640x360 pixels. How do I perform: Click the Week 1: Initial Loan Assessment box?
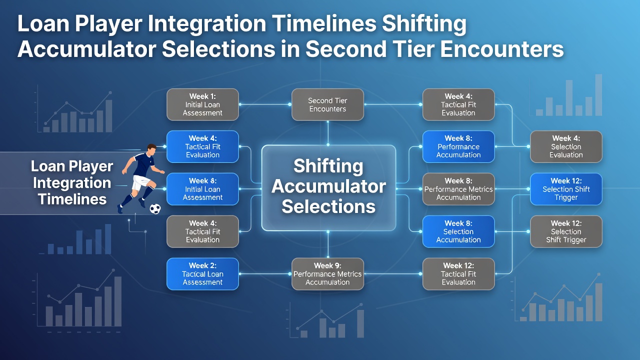pyautogui.click(x=202, y=104)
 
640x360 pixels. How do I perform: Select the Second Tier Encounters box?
pyautogui.click(x=327, y=104)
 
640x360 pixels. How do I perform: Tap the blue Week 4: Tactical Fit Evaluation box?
pyautogui.click(x=202, y=146)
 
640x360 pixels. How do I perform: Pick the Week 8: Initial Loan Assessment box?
pyautogui.click(x=202, y=189)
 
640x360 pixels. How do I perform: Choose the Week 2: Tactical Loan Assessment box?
pyautogui.click(x=202, y=274)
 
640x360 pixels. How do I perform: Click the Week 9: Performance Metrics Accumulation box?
pyautogui.click(x=327, y=274)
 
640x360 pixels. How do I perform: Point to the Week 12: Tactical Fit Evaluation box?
pyautogui.click(x=458, y=274)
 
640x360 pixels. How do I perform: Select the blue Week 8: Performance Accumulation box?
pyautogui.click(x=458, y=146)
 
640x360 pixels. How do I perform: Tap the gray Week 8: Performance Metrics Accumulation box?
pyautogui.click(x=458, y=189)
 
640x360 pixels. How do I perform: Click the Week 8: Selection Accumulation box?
pyautogui.click(x=458, y=231)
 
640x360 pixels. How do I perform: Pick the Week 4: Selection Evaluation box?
pyautogui.click(x=566, y=146)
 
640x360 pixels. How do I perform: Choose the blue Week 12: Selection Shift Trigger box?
pyautogui.click(x=566, y=189)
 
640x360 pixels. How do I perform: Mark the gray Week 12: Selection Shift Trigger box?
pyautogui.click(x=566, y=231)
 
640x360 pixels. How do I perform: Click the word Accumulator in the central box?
pyautogui.click(x=328, y=186)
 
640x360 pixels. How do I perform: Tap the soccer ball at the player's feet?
pyautogui.click(x=155, y=209)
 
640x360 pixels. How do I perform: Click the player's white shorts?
pyautogui.click(x=141, y=182)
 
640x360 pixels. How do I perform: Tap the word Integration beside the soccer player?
pyautogui.click(x=72, y=182)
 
